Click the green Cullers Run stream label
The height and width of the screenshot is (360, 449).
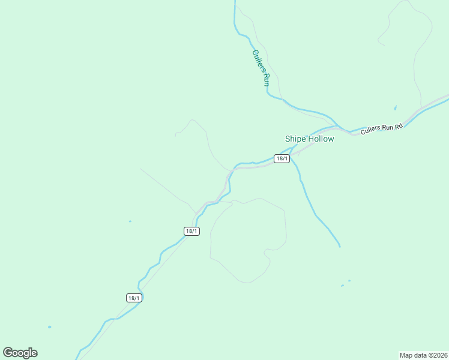[259, 68]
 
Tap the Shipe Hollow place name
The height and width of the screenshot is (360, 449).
[309, 139]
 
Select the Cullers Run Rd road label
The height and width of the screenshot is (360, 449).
[381, 128]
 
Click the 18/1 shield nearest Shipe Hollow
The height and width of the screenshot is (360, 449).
[282, 158]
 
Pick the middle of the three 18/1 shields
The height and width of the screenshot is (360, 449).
[191, 231]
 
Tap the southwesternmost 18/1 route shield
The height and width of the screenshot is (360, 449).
[134, 298]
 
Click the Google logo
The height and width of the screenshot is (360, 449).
[20, 353]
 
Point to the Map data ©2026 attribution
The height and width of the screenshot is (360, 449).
[424, 355]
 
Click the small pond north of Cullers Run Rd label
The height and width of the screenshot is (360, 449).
[395, 108]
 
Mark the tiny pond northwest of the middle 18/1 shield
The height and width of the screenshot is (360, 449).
[130, 221]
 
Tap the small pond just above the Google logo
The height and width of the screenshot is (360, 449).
[49, 327]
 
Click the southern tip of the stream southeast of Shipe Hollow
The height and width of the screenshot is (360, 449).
[339, 245]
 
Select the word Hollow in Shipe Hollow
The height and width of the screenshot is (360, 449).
[321, 139]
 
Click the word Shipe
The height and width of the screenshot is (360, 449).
[295, 139]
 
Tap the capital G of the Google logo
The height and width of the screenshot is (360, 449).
[8, 353]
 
